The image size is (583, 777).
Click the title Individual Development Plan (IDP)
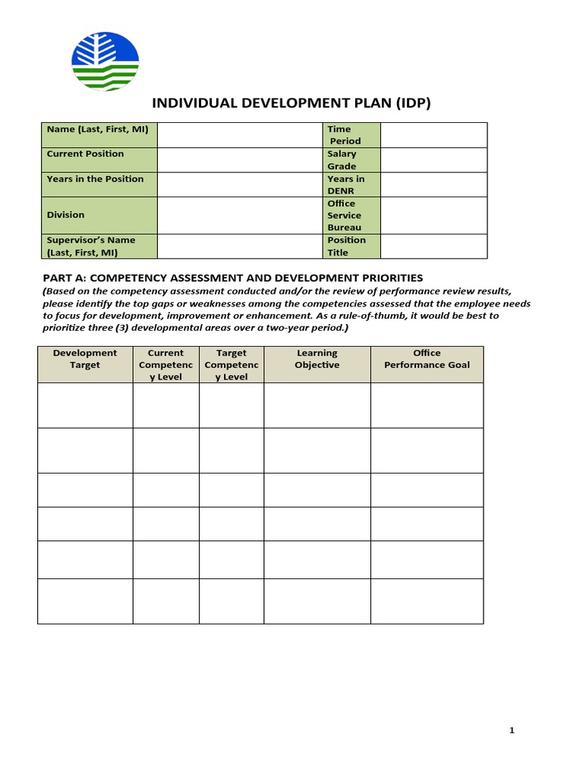coord(291,103)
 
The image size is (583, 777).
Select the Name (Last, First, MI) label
coord(97,130)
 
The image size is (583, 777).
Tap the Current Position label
coord(85,154)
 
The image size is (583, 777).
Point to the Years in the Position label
coord(95,179)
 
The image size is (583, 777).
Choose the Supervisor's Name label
coord(91,246)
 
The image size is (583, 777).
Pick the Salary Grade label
coord(342,160)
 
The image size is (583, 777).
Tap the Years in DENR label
coord(345,184)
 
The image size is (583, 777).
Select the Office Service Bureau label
coord(345,215)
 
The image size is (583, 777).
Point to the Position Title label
coord(346,246)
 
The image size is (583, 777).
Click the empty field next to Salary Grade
coord(433,160)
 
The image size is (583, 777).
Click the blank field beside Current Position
coord(240,160)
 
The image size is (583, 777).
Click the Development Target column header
coord(85,359)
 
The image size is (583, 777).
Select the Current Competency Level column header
coord(165,364)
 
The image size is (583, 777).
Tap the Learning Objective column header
coord(317,359)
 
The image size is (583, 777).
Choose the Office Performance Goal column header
coord(427,359)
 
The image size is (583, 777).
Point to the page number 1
coord(512,731)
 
